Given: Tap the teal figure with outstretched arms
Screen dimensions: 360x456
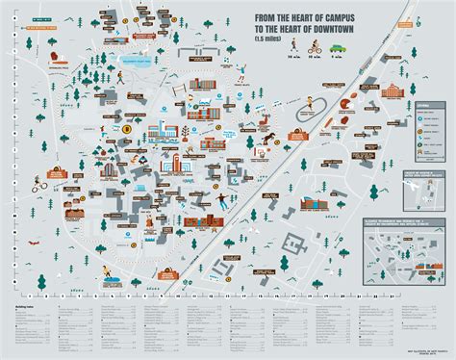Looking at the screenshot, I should click(221, 201).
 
